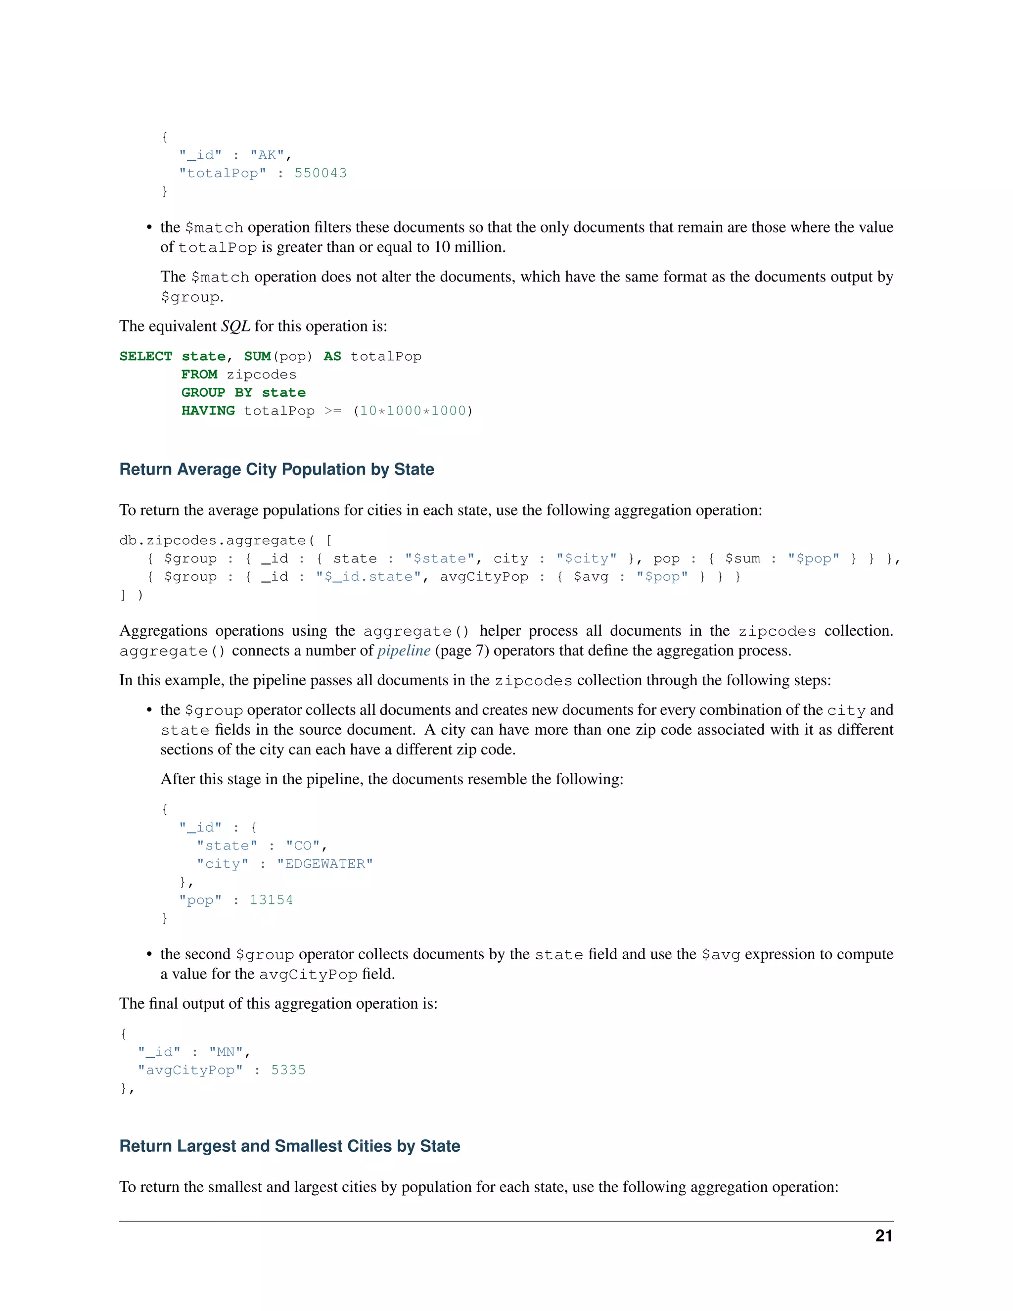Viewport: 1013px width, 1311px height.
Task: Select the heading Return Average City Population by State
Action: pos(276,469)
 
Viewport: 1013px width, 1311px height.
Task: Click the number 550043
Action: pos(321,174)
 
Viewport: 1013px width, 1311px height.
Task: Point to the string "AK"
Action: pos(267,155)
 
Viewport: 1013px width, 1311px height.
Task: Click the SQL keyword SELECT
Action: pos(146,357)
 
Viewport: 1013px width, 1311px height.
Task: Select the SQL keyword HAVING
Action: pos(208,411)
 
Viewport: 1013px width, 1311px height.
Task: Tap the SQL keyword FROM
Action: pos(199,375)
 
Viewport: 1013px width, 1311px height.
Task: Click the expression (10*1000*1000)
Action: pos(413,411)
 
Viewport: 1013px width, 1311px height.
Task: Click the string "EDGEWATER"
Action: pos(324,864)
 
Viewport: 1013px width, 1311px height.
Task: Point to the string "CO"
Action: pos(302,846)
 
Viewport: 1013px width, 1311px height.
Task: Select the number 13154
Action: pos(271,900)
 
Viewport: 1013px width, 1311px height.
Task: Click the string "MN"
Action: pos(226,1052)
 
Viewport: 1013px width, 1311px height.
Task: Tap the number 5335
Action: pos(288,1070)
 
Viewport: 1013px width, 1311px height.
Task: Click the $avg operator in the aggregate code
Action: pos(591,577)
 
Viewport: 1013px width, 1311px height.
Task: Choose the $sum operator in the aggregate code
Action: pos(742,559)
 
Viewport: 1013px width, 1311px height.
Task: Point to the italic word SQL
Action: pos(236,326)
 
